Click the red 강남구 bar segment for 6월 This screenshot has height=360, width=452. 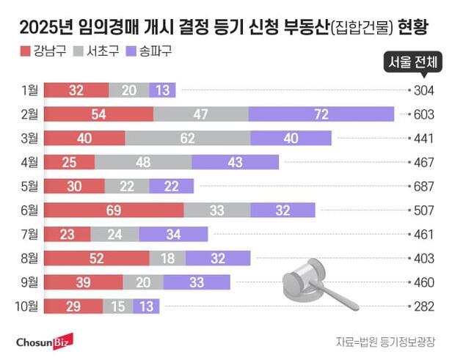[x=114, y=210]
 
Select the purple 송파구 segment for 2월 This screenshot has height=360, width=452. [x=321, y=114]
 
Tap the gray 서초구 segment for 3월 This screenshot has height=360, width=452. [x=188, y=139]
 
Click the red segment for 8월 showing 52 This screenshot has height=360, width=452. [x=97, y=258]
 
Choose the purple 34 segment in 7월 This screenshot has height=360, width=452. [x=173, y=234]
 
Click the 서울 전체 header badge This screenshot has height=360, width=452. [x=415, y=64]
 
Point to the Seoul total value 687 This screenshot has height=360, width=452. [x=425, y=186]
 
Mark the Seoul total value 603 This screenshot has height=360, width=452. [x=425, y=114]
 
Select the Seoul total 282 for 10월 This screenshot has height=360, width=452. [x=425, y=306]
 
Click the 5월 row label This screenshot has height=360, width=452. [x=30, y=186]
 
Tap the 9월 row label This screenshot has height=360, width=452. [x=30, y=282]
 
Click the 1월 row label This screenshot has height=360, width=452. [x=30, y=90]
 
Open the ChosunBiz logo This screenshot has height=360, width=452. [x=44, y=341]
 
